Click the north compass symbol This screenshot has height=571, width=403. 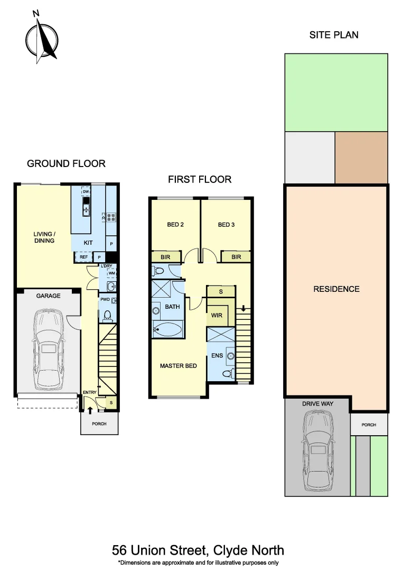41,38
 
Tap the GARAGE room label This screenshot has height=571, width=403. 48,296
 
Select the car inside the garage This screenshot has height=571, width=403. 48,348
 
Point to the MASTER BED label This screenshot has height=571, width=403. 179,366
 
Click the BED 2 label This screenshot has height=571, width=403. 175,225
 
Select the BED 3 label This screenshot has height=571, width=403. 226,225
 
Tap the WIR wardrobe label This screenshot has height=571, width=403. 217,316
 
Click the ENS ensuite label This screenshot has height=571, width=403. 217,355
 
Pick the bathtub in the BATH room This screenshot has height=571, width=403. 167,331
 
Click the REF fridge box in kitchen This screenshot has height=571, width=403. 83,257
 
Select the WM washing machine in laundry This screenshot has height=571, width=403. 111,273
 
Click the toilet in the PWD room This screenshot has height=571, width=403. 108,316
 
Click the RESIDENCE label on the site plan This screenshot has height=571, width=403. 336,289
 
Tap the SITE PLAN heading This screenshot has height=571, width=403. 334,35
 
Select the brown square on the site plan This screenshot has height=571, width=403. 361,157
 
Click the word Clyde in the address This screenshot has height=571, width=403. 228,550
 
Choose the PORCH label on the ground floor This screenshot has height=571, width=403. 99,424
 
